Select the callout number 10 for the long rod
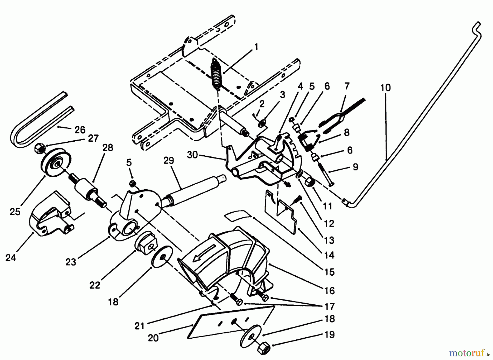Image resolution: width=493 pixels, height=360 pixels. pos(385,88)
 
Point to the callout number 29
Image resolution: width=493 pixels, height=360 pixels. pos(169,160)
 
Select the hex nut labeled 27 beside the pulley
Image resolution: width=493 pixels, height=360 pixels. pos(38,149)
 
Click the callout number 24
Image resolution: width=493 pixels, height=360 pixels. pos(11,258)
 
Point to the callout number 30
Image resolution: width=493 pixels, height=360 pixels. pos(193,155)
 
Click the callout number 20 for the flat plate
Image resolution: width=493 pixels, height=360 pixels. pos(153,338)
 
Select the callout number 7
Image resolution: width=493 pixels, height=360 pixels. pos(347,87)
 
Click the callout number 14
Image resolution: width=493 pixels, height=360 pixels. pos(329,255)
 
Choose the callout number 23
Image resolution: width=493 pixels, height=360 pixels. pos(71,262)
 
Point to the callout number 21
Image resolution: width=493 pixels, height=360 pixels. pos(139,327)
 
